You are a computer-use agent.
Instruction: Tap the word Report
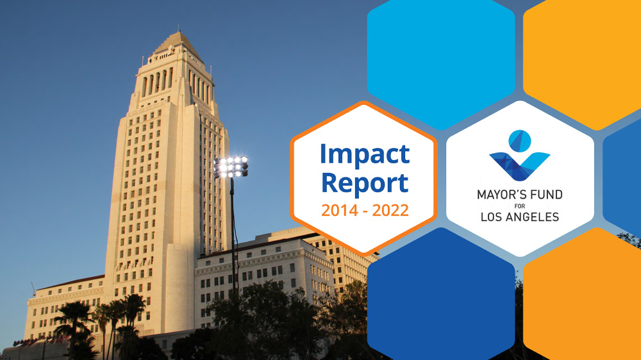365,183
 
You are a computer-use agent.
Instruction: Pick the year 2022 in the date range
390,211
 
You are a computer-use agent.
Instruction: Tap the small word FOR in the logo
520,206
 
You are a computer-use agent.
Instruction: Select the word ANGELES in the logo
533,217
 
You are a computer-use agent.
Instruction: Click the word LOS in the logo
492,217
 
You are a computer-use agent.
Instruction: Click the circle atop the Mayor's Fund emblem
520,141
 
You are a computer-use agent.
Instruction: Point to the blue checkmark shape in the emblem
519,166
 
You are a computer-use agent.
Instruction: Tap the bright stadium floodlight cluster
231,167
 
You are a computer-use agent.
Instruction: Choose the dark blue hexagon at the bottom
441,294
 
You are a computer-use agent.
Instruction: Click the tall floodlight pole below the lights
233,237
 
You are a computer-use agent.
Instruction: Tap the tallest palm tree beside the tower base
134,323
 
